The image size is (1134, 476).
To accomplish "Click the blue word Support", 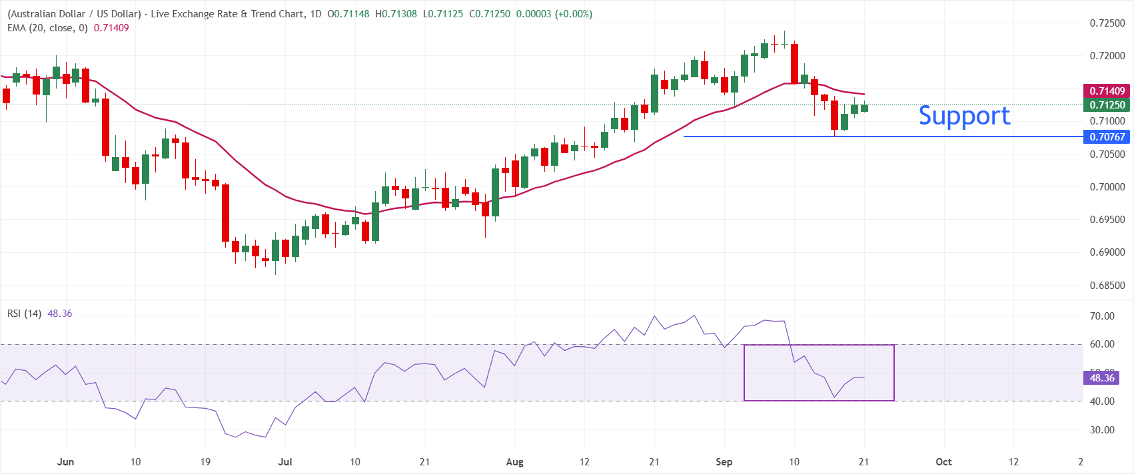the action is click(x=964, y=116).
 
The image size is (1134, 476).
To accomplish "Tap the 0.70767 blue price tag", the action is click(x=1107, y=137).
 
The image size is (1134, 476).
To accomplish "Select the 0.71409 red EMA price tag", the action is click(x=1107, y=91).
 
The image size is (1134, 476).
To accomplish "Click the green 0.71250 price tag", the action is click(x=1107, y=105).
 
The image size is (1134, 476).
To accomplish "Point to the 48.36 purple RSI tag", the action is click(x=1101, y=378).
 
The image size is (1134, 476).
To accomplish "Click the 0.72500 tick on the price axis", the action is click(x=1107, y=23).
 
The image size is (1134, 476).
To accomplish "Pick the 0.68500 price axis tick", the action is click(x=1107, y=286).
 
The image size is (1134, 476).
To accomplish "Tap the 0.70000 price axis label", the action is click(x=1107, y=186).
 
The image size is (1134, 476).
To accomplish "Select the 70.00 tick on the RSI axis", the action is click(x=1102, y=316).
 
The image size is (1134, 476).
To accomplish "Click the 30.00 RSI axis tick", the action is click(x=1102, y=430).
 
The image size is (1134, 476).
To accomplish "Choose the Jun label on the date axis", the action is click(x=66, y=462).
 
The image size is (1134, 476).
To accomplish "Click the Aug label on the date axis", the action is click(x=515, y=462).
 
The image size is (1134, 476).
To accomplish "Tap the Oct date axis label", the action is click(x=943, y=462).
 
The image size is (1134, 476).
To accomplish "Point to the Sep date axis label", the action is click(x=724, y=462).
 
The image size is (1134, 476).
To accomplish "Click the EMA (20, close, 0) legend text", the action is click(x=47, y=29).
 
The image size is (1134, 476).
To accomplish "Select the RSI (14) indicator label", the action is click(x=24, y=314).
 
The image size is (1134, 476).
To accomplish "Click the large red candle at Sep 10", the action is click(x=794, y=64).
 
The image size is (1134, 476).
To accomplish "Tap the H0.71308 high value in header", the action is click(x=396, y=14).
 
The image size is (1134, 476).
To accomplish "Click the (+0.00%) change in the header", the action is click(x=574, y=14).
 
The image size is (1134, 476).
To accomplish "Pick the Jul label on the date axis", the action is click(x=286, y=462).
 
